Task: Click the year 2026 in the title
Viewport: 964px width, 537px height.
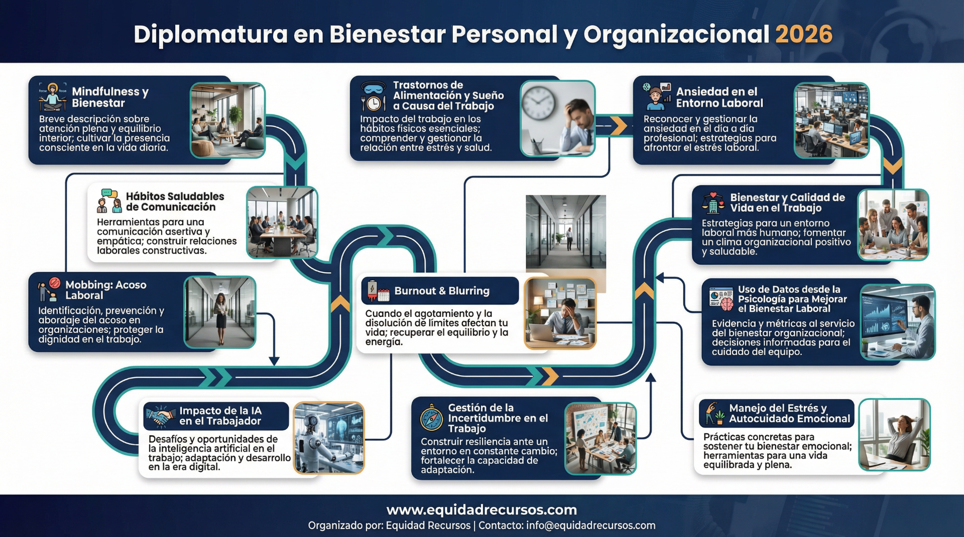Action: [x=803, y=34]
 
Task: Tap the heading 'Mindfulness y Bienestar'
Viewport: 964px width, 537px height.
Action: [x=110, y=97]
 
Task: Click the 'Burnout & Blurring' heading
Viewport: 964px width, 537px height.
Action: [x=442, y=291]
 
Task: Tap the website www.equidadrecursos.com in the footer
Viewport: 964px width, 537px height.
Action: [x=481, y=510]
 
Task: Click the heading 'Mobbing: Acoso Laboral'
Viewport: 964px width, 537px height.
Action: [x=106, y=290]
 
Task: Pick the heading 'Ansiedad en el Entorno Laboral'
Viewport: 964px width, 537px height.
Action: [x=719, y=97]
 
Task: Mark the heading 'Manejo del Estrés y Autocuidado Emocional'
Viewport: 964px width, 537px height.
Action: [x=789, y=414]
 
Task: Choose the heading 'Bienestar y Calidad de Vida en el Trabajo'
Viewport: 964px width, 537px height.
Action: [x=787, y=203]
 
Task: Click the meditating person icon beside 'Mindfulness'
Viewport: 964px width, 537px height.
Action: [x=53, y=97]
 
